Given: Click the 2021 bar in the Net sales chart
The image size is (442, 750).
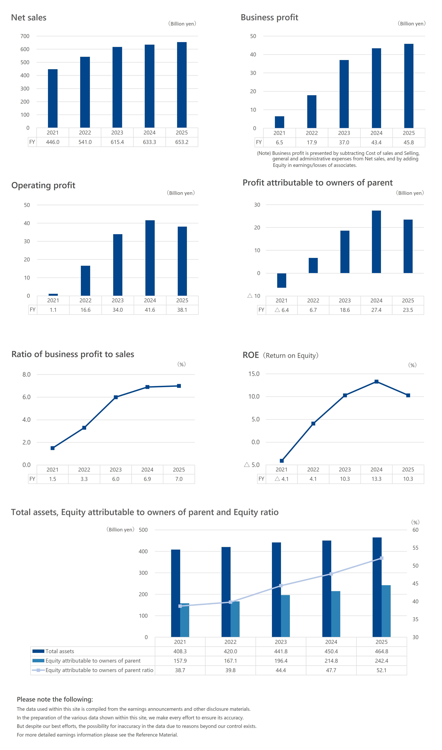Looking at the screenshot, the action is point(53,98).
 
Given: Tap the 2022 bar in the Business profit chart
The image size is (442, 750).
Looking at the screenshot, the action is point(312,111).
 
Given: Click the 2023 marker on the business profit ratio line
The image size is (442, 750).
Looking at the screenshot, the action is point(116,397).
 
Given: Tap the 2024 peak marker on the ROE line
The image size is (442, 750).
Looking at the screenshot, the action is point(377,382).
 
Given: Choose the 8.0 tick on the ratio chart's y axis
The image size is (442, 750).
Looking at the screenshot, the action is point(27,374).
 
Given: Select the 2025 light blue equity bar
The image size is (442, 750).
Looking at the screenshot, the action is point(386,611).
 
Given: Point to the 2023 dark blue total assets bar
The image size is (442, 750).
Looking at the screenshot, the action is point(276,590).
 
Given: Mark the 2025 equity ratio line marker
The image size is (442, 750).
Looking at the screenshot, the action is point(381,558).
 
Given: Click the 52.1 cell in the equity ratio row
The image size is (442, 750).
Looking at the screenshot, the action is point(381,670).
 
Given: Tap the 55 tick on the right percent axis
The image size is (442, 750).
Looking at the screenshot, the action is point(415,548).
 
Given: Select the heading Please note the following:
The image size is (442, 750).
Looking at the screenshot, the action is point(55,699).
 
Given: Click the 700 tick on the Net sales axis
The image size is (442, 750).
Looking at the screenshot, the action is point(25,36).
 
